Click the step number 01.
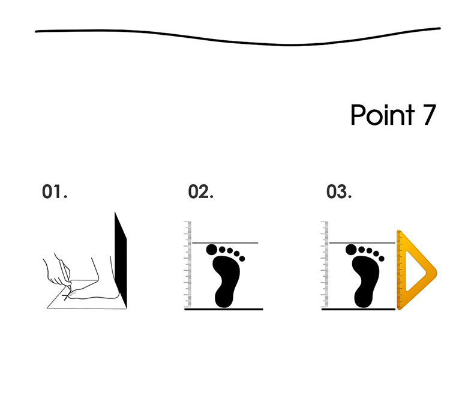click(x=55, y=191)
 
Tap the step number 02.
click(x=201, y=191)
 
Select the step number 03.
click(x=339, y=191)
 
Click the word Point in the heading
click(x=382, y=115)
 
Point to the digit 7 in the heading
click(x=429, y=115)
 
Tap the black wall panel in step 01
click(x=121, y=260)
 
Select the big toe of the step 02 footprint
click(x=212, y=250)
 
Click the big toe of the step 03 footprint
click(x=351, y=250)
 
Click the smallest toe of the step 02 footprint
click(x=242, y=259)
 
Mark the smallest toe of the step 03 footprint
click(x=382, y=259)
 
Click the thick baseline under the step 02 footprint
click(x=224, y=309)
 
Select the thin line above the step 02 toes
click(x=225, y=243)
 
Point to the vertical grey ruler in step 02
click(x=188, y=264)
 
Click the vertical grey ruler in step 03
click(x=325, y=264)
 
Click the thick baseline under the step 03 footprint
click(x=359, y=309)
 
